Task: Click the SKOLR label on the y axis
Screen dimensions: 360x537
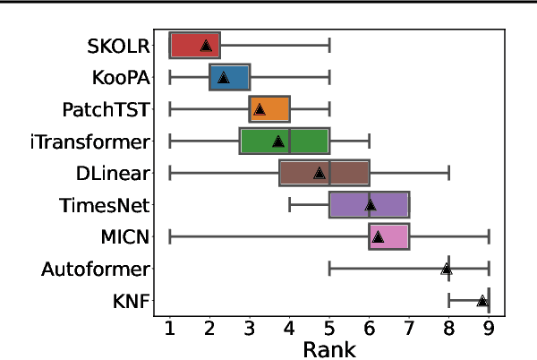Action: pyautogui.click(x=120, y=45)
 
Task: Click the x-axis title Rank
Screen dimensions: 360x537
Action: pyautogui.click(x=328, y=347)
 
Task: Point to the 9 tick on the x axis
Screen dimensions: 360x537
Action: pyautogui.click(x=489, y=326)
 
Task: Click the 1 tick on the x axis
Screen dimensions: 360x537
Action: pyautogui.click(x=170, y=326)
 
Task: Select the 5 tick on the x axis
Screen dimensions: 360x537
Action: pyautogui.click(x=329, y=326)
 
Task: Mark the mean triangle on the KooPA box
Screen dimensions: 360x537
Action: pyautogui.click(x=223, y=78)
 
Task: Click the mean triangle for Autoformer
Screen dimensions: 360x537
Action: pyautogui.click(x=446, y=269)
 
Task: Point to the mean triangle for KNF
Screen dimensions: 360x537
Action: pyautogui.click(x=482, y=302)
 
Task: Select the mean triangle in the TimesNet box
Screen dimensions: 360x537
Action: pyautogui.click(x=370, y=205)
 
